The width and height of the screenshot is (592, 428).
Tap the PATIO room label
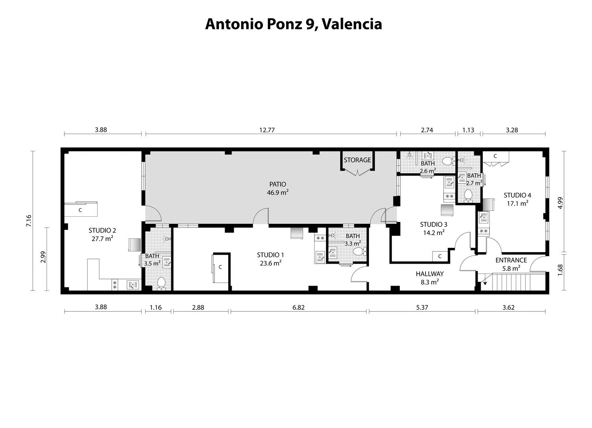click(x=277, y=184)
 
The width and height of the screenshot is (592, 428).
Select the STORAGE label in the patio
click(x=357, y=160)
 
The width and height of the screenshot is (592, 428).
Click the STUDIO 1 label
click(x=270, y=255)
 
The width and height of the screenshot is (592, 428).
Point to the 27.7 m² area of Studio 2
click(x=102, y=239)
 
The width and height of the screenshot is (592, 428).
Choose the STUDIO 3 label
click(x=433, y=224)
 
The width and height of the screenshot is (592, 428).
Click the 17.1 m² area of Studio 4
click(x=517, y=204)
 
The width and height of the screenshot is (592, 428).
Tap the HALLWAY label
click(x=429, y=274)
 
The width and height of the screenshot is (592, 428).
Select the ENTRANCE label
click(x=511, y=260)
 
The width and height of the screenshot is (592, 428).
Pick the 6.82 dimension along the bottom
click(x=298, y=307)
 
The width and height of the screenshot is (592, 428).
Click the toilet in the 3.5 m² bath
click(x=161, y=283)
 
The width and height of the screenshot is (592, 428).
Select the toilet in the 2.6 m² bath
click(x=447, y=161)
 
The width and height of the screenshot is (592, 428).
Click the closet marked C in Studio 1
click(x=220, y=268)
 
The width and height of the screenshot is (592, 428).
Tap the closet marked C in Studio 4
click(x=495, y=156)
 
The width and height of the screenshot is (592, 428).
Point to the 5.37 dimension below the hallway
click(x=422, y=307)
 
